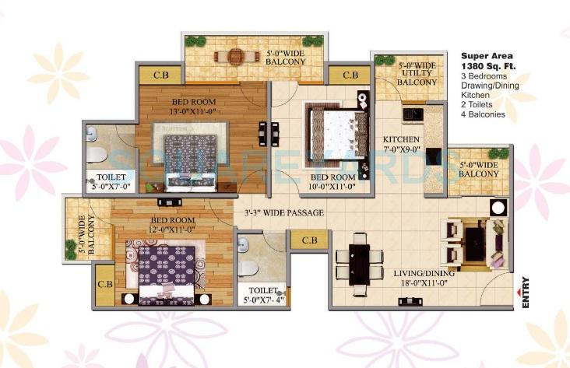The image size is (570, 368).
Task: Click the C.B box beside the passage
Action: (x=308, y=240)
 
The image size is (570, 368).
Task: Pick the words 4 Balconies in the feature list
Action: (x=483, y=114)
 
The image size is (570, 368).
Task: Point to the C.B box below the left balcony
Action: (x=104, y=284)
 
